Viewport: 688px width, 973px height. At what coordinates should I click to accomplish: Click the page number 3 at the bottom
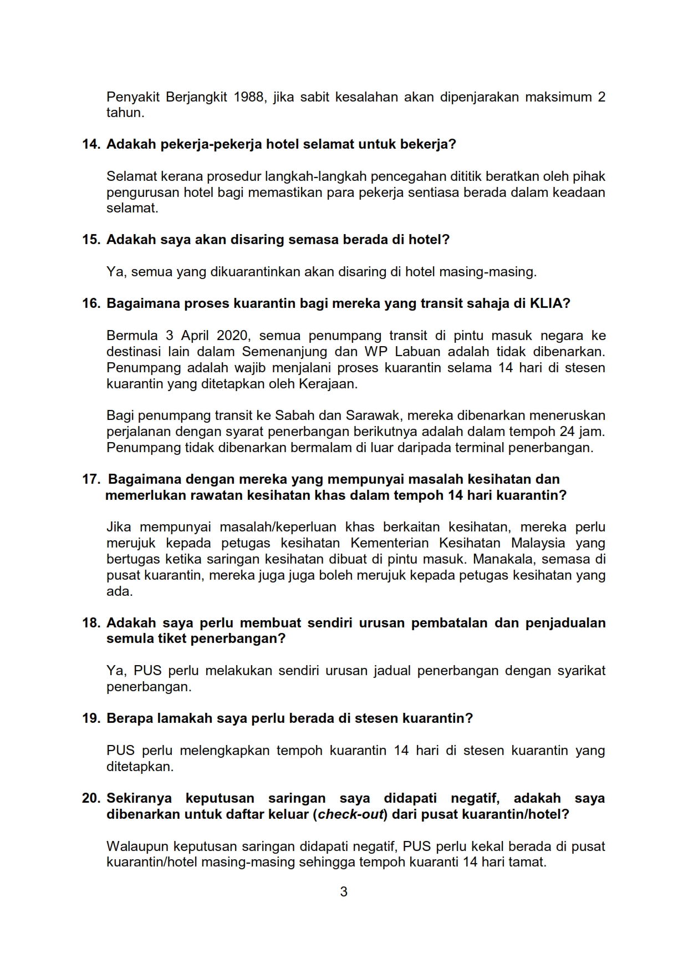coord(344,892)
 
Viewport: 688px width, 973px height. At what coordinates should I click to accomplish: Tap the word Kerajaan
coord(331,384)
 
